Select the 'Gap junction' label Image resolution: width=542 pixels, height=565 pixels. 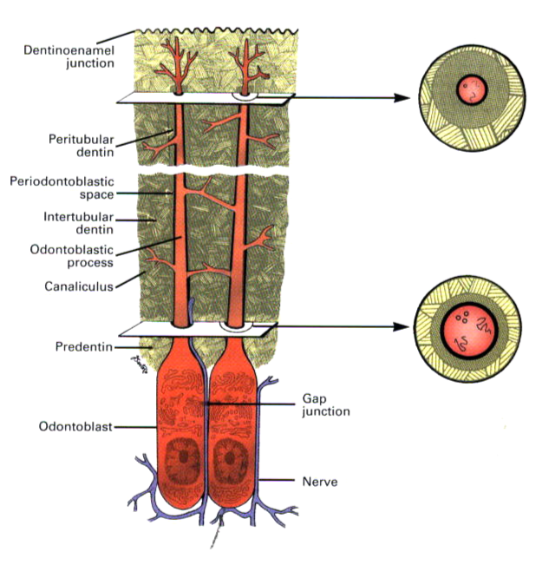(x=325, y=404)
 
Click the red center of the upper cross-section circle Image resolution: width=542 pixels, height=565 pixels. (x=471, y=90)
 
